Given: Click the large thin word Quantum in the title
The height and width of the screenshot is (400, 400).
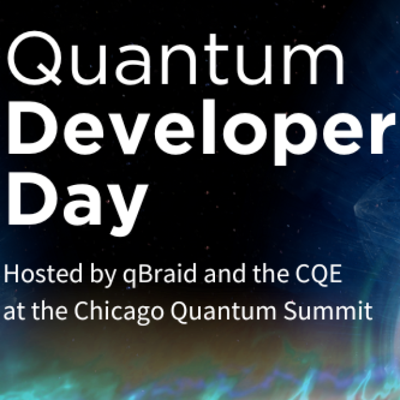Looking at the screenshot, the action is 176,58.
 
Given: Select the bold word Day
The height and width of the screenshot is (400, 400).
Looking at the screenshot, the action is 77,204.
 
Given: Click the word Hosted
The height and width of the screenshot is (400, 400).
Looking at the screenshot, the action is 43,274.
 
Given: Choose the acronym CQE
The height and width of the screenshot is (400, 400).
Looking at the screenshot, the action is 319,274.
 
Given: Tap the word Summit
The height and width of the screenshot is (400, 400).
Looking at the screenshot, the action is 328,311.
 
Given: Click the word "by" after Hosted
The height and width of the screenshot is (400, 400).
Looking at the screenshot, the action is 102,276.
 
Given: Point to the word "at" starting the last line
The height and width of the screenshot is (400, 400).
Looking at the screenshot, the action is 14,312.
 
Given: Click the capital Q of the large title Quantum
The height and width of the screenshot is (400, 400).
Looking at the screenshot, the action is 34,58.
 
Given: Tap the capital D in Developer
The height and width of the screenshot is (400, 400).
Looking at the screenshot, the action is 32,127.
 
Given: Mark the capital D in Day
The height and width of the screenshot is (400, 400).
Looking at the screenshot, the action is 32,199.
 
